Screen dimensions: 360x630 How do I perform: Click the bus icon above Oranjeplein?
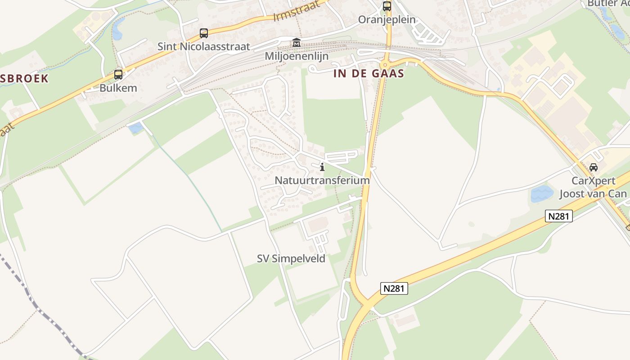387,6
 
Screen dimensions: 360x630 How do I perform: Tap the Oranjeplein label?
387,20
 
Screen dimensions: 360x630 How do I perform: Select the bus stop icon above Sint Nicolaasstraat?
204,33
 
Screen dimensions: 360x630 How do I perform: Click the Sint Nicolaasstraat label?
203,46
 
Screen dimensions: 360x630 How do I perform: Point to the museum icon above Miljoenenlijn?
297,43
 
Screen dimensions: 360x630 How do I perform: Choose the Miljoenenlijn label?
297,56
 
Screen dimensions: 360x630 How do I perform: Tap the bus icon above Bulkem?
118,75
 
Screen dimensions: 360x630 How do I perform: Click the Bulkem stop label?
118,88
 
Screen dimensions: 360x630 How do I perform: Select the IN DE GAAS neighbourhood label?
369,74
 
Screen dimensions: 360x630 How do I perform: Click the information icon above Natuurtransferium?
322,167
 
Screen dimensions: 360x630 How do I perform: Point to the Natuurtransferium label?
322,180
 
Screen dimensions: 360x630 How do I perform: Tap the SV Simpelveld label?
291,259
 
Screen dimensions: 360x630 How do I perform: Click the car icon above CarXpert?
594,167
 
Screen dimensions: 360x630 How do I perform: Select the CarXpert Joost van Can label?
593,187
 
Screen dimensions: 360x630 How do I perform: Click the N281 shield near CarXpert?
558,216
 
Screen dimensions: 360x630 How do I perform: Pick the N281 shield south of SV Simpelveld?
394,288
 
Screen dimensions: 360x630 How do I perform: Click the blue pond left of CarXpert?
542,193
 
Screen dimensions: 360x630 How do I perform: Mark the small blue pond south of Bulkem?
135,128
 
